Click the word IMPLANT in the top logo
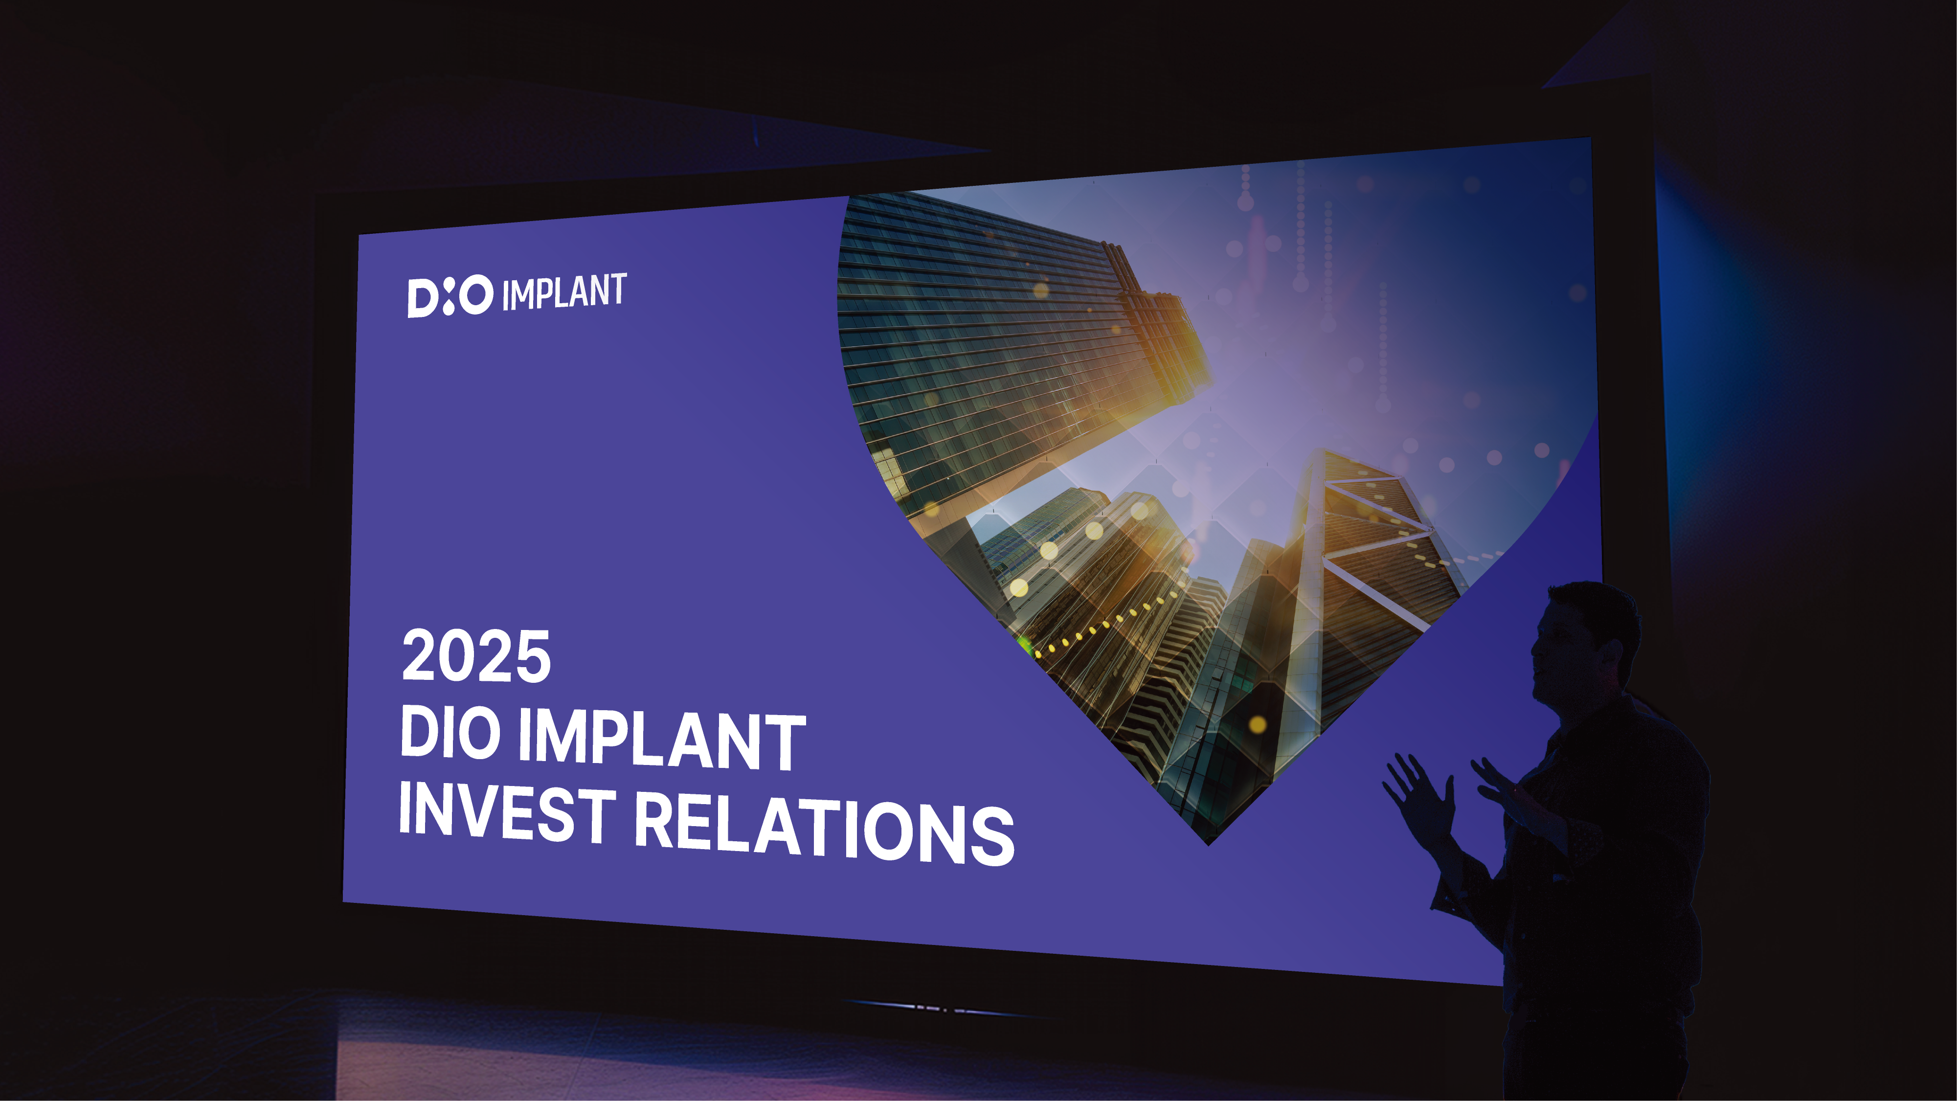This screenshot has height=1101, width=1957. pyautogui.click(x=564, y=292)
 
